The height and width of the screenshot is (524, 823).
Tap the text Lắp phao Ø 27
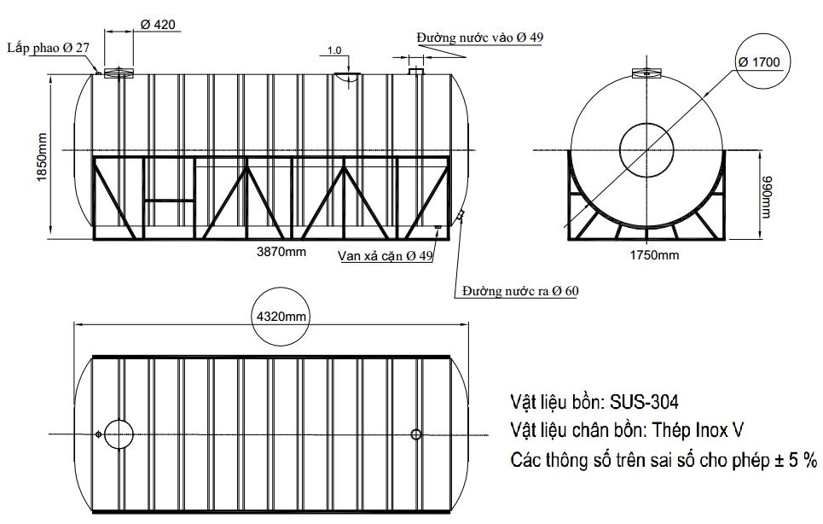coord(48,48)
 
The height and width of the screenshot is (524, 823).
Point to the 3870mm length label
coord(281,252)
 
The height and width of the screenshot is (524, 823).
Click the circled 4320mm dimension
coord(281,317)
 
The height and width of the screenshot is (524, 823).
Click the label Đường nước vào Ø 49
coord(479,38)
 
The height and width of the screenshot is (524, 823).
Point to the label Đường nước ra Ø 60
coord(520,291)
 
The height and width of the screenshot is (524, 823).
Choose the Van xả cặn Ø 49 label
coord(385,255)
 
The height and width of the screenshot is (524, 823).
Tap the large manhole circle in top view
coord(119,434)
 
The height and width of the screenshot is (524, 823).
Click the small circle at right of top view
coord(416,434)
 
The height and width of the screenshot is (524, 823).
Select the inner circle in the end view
coord(646,147)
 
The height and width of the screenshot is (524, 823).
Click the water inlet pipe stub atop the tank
coord(416,71)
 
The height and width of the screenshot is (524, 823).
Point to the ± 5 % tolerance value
coord(797,460)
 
